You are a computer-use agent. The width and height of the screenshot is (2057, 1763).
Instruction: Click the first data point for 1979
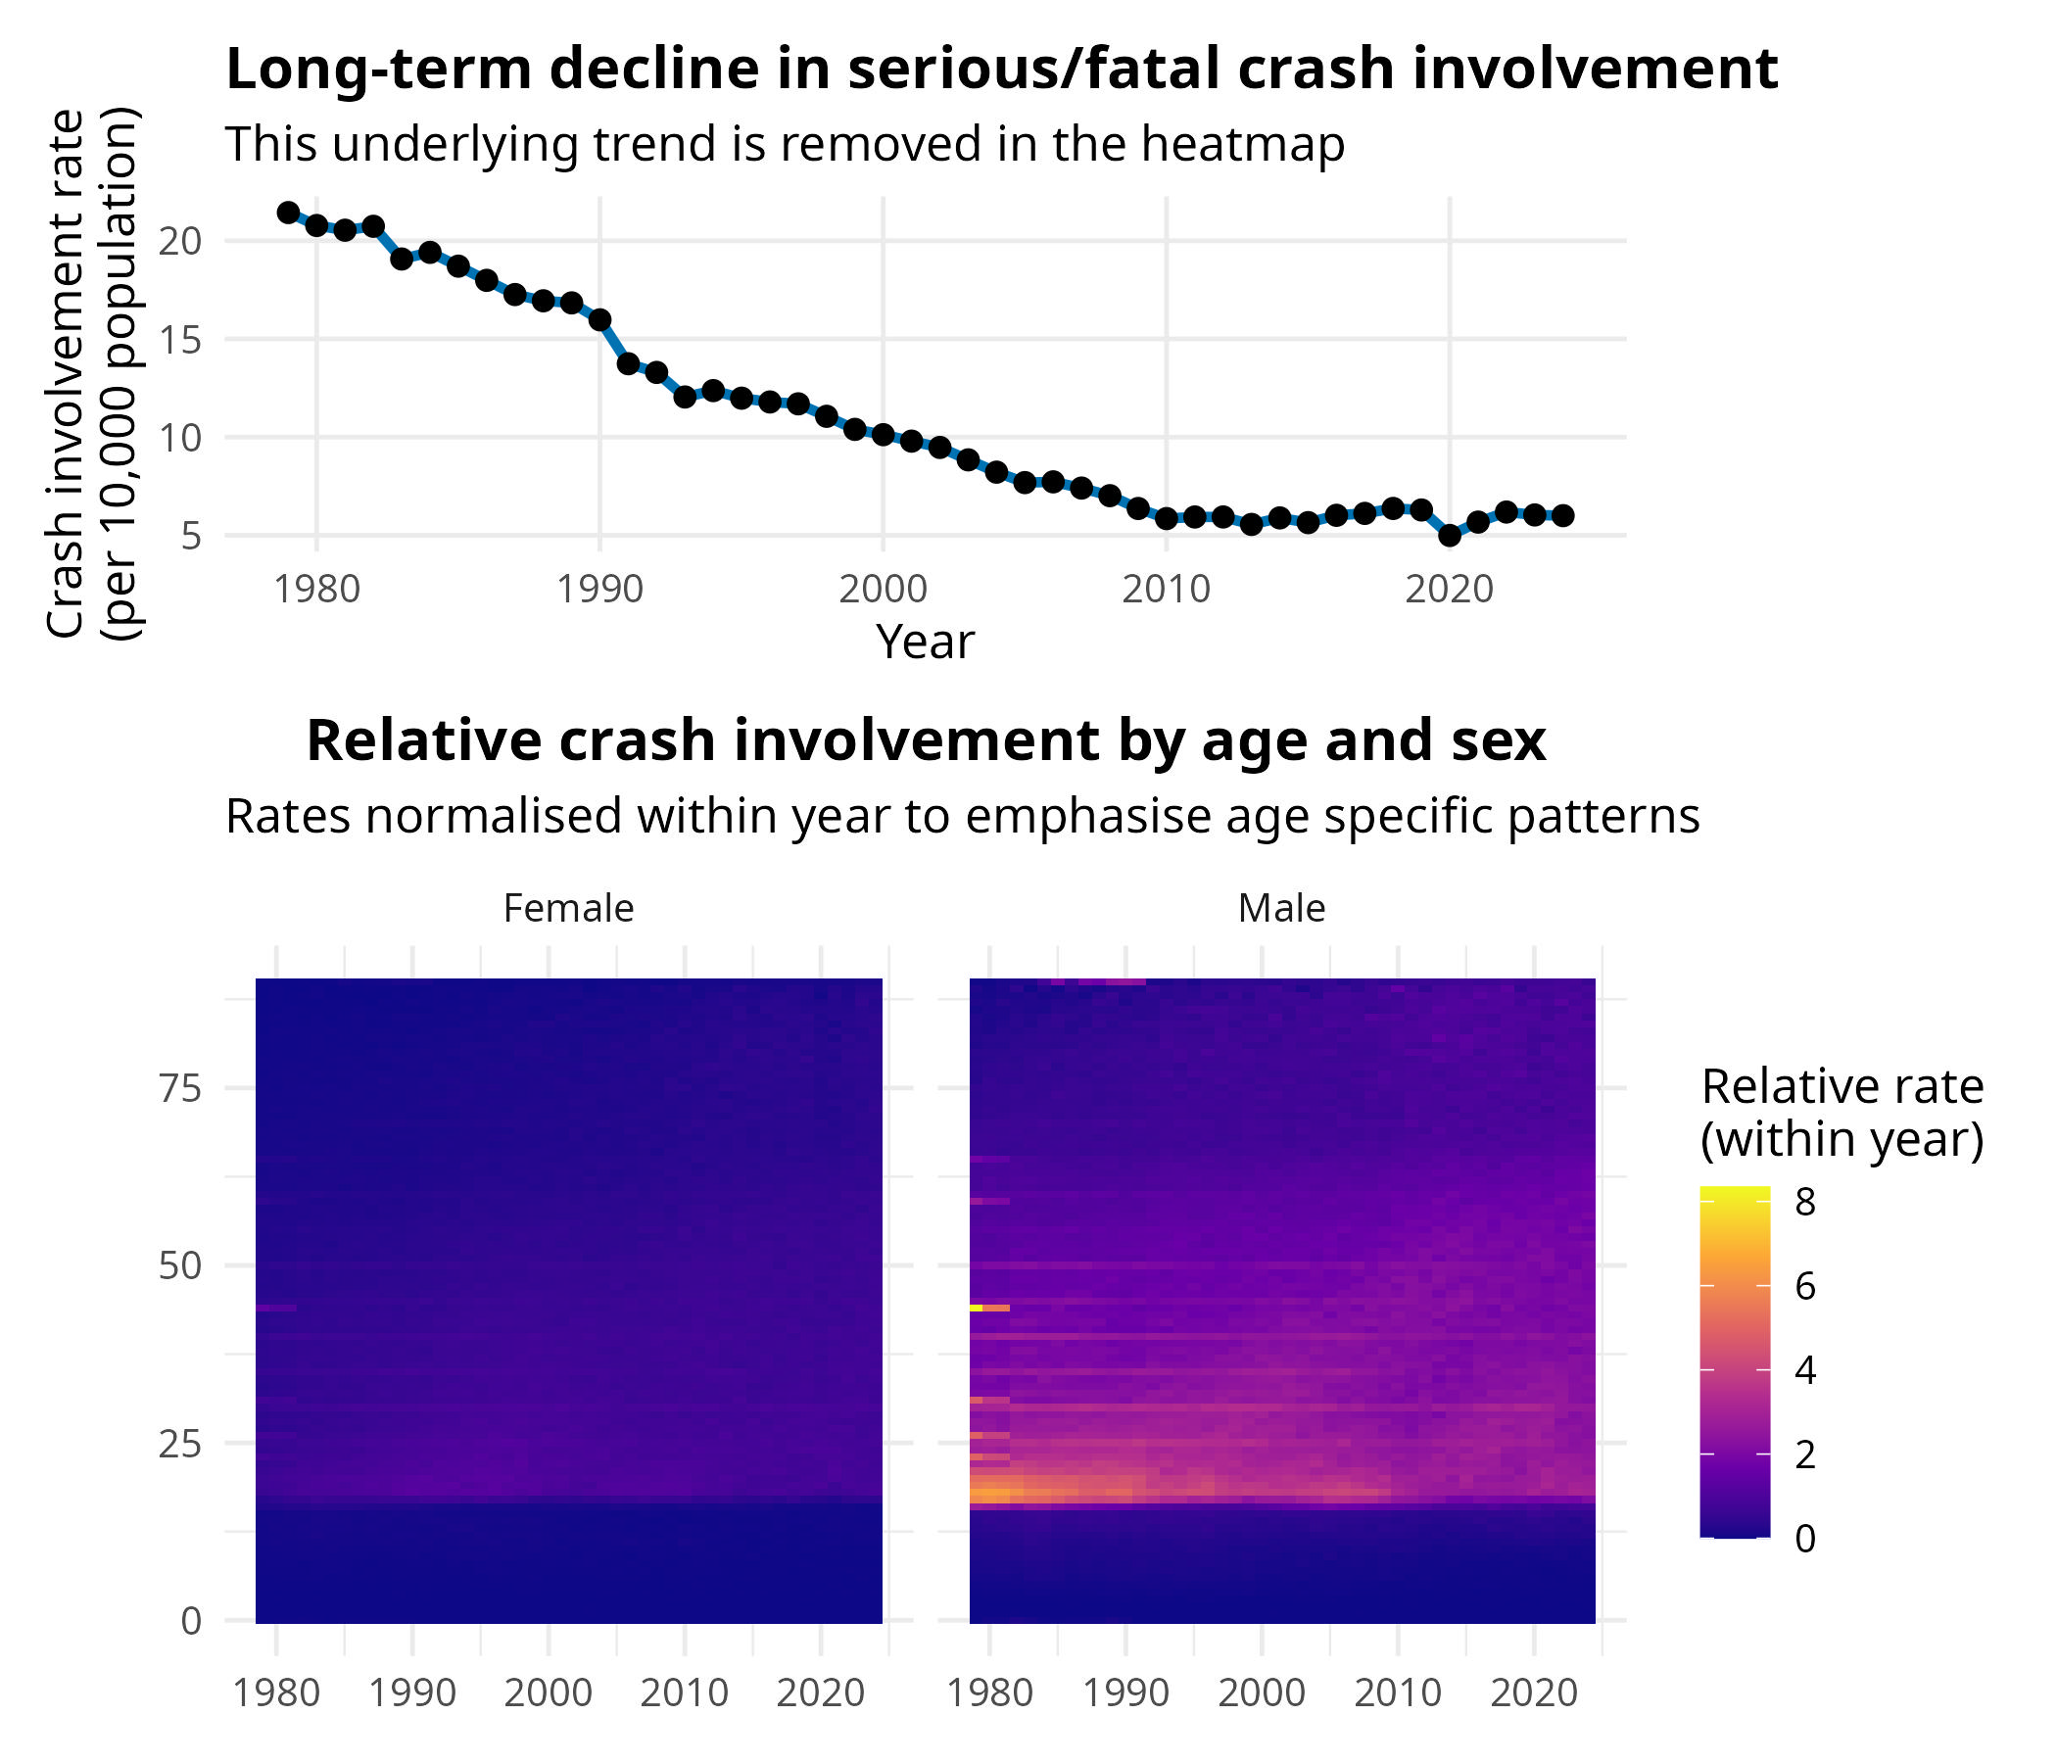tap(289, 213)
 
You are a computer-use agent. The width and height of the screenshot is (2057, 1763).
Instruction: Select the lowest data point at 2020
tap(1450, 535)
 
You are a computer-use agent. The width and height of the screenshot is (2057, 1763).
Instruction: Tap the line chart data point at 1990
tap(599, 319)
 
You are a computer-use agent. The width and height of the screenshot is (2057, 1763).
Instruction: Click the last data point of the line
tap(1562, 515)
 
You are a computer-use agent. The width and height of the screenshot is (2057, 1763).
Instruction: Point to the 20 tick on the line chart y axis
tap(179, 241)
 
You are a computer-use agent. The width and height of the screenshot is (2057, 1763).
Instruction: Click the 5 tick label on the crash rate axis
tap(192, 536)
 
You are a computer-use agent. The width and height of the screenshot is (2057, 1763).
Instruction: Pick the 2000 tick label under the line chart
tap(883, 590)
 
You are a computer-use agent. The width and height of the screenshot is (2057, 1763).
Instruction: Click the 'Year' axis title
tap(926, 642)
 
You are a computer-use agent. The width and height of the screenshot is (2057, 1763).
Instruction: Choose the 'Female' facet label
tap(569, 908)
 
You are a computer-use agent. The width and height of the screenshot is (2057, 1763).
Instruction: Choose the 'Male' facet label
tap(1281, 908)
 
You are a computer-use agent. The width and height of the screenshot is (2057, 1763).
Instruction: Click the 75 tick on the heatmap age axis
tap(179, 1088)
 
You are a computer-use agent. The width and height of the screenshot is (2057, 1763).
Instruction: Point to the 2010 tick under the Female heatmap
tap(684, 1692)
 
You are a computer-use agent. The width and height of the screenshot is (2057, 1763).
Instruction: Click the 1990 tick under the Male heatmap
tap(1125, 1692)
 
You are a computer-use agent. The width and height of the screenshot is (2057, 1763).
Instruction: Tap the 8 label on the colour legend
tap(1806, 1202)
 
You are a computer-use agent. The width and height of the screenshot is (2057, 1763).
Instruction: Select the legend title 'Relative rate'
tap(1842, 1087)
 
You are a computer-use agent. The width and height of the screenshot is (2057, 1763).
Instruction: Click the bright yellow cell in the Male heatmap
tap(976, 1309)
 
